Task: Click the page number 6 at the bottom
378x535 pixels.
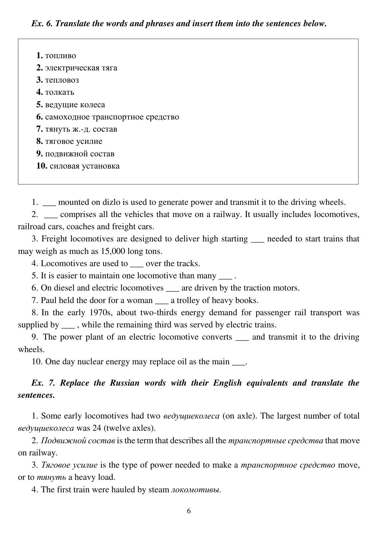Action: [189, 511]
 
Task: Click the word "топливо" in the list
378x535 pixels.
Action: [60, 56]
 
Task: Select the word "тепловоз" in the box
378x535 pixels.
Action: [62, 80]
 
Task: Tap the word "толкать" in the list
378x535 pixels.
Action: [59, 92]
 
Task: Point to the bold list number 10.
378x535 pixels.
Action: [41, 166]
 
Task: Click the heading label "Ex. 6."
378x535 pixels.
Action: [42, 23]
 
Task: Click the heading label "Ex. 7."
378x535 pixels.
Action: [43, 383]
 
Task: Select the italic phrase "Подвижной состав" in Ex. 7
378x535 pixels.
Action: [78, 440]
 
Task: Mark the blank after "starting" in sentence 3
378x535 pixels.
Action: [257, 240]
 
